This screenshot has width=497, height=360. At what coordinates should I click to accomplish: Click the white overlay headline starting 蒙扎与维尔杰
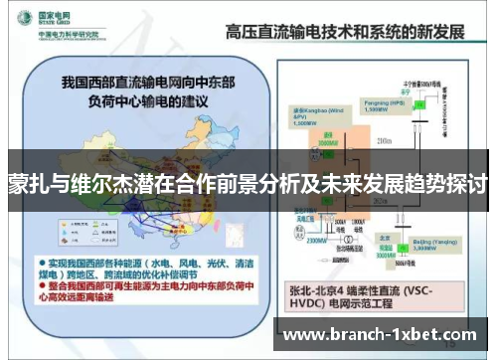pos(248,185)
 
